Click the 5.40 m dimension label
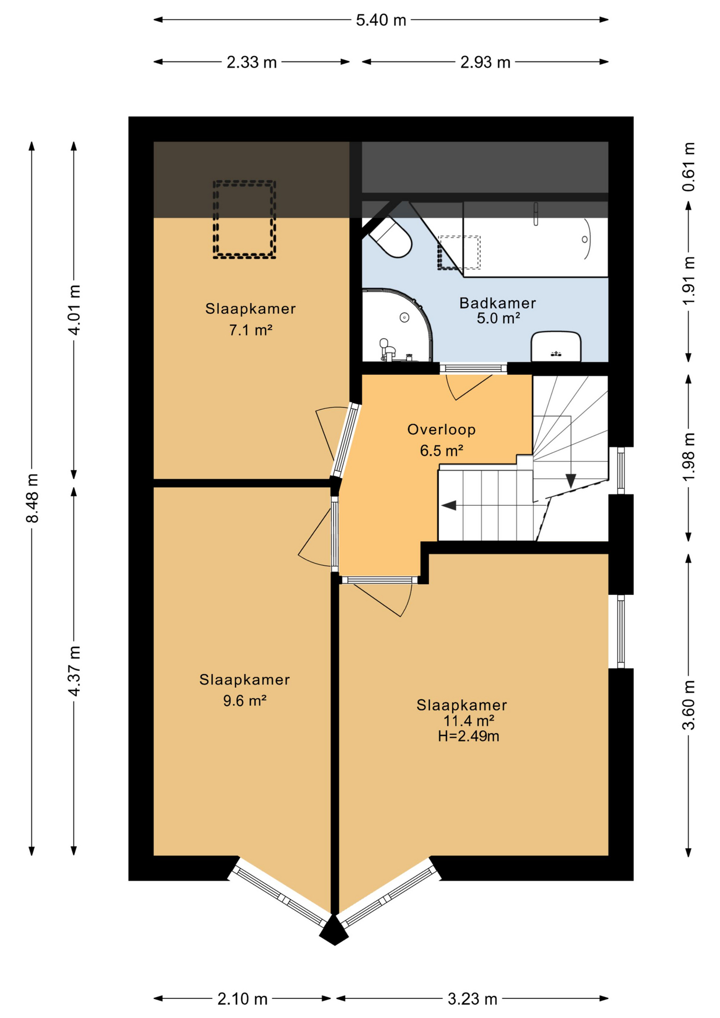380,20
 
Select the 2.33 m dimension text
251,63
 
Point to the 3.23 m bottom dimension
472,999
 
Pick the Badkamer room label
497,303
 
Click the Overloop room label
441,429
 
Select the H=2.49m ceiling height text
468,736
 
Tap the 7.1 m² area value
250,330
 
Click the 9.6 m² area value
244,700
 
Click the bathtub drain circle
584,240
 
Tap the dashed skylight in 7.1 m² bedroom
244,220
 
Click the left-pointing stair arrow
449,505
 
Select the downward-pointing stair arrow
570,480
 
